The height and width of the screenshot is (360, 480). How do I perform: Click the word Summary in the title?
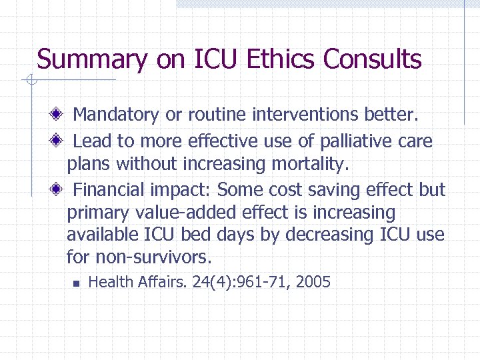(92, 59)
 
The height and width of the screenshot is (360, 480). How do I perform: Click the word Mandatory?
(116, 115)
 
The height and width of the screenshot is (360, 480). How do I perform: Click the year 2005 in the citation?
(313, 282)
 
